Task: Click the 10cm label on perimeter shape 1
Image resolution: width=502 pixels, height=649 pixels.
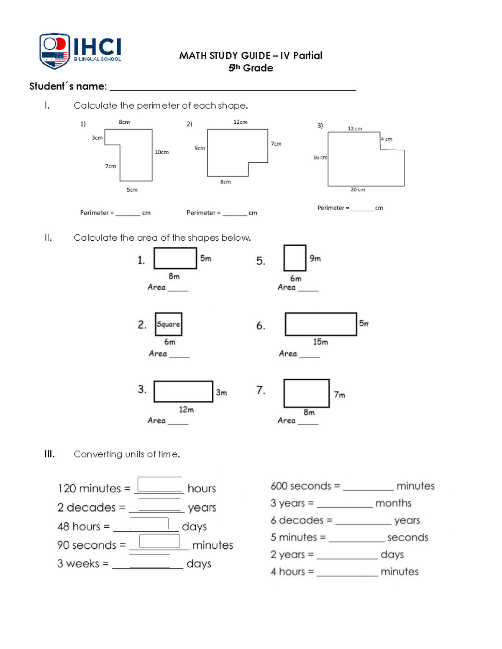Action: (161, 152)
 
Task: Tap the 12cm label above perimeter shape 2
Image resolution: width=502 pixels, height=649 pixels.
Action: (240, 122)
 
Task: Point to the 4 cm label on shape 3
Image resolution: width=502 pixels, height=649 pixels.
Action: (387, 139)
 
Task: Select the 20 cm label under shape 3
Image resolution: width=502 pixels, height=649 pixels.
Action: (358, 190)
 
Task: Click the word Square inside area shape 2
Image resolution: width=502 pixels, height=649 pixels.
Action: (168, 324)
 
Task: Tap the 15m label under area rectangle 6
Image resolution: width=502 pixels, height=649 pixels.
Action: (320, 342)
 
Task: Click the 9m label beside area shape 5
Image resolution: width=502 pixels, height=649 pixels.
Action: (315, 259)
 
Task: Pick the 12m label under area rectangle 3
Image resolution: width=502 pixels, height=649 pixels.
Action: (186, 410)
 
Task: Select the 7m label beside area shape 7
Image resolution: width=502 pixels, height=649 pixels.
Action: (339, 395)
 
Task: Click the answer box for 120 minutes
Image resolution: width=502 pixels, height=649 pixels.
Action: (159, 485)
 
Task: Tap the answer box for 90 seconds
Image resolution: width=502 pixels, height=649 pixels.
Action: (159, 541)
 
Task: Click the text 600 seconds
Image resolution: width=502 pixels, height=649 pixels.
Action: (301, 486)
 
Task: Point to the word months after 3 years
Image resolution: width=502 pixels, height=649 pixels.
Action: (393, 503)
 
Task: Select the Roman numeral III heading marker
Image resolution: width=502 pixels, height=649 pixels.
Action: (49, 454)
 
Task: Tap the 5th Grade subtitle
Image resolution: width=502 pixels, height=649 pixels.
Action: (251, 68)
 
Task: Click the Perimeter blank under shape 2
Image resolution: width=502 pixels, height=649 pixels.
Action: (234, 213)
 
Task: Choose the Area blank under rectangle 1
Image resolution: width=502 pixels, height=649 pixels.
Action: (178, 288)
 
